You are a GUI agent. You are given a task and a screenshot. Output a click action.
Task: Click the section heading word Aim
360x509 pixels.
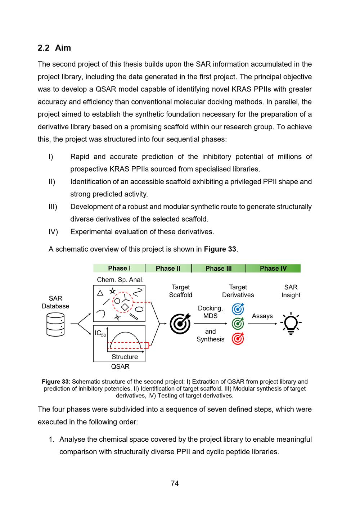63,48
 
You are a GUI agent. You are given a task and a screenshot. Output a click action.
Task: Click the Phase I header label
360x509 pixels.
119,269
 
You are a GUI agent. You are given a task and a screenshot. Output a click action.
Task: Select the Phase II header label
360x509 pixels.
168,269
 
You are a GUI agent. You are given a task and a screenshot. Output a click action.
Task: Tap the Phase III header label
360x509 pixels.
219,269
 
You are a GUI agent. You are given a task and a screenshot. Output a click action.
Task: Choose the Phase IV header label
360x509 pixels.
273,269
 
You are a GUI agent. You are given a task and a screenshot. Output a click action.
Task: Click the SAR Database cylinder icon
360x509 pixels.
55,324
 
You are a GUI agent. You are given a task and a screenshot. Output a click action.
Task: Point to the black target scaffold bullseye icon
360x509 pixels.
180,323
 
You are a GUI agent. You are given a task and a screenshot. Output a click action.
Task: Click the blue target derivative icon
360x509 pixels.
238,308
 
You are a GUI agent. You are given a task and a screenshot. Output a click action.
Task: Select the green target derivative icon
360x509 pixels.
238,323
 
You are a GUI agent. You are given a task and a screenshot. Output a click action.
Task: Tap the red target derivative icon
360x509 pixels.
238,338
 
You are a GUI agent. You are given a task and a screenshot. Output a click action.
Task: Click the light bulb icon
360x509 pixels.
291,323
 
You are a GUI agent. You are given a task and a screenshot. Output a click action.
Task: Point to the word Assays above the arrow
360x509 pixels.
262,316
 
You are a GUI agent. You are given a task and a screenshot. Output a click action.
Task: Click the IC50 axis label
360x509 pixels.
100,333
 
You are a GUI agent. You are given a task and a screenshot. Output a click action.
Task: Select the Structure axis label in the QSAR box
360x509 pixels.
125,357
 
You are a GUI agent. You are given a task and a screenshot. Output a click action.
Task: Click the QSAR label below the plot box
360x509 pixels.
120,367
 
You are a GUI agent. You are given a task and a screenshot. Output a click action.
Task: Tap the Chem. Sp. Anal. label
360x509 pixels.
120,280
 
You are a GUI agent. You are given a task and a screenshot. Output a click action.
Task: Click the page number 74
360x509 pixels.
175,483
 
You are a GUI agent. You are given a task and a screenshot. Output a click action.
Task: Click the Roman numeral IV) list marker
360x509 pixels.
53,232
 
